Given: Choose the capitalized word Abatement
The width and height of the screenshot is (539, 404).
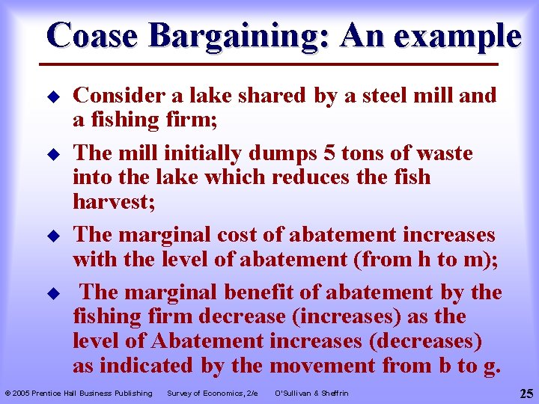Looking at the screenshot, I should point(207,340).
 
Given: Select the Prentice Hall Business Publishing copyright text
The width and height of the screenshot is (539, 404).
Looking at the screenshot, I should point(79,393).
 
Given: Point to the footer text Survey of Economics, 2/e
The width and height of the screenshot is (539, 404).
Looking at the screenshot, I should point(212,393).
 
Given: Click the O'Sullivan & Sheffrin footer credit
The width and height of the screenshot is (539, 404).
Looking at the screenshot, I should point(312,393).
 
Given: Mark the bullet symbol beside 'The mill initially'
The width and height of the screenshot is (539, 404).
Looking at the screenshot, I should point(53,154).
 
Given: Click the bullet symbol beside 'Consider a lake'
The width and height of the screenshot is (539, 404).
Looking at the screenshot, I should point(53,97).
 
